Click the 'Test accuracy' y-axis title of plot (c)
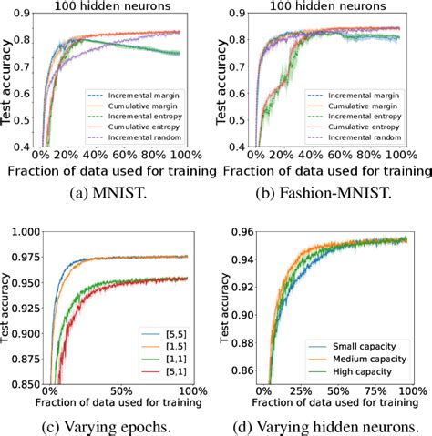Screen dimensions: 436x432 pyautogui.click(x=7, y=308)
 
